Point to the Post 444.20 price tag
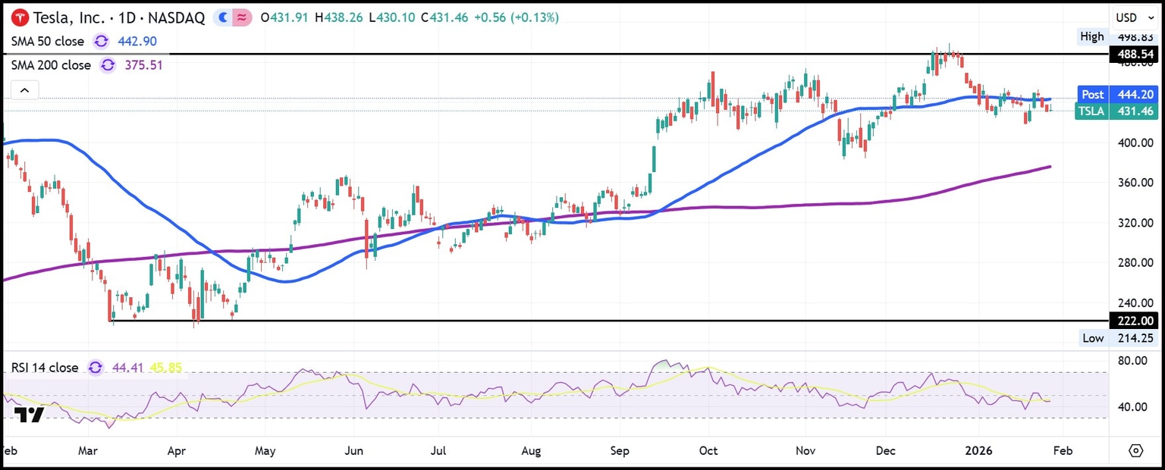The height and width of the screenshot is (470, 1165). point(1118,95)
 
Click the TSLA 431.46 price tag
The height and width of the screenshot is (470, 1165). point(1118,111)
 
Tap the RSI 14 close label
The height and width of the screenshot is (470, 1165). point(44,368)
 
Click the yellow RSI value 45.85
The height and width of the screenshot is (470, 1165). point(165,368)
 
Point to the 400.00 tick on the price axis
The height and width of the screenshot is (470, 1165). point(1135,143)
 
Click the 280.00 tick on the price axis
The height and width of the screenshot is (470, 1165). point(1135,263)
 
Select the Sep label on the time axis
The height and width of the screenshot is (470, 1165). point(620,451)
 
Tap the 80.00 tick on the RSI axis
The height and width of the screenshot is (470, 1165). point(1135,361)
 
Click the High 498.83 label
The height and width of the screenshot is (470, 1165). point(1118,36)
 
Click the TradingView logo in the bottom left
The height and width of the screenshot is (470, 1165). point(29,415)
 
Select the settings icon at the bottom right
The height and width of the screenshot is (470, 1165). point(1135,451)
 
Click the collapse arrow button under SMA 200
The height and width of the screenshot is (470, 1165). point(24,91)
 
